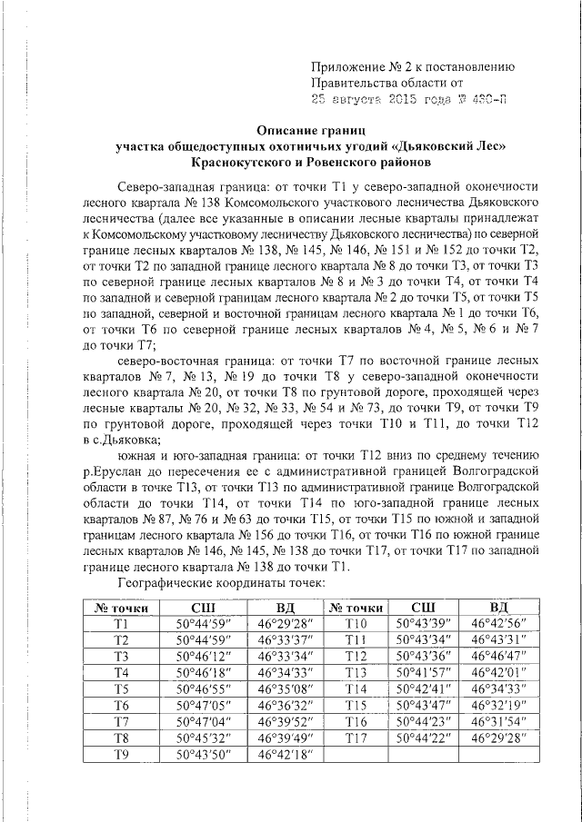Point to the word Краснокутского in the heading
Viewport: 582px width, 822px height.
coord(240,163)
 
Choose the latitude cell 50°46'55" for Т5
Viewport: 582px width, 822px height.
coord(204,688)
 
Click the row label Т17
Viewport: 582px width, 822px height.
coord(356,738)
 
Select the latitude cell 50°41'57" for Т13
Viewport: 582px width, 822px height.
coord(424,672)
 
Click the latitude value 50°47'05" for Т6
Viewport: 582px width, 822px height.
coord(204,705)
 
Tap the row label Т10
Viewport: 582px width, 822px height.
coord(356,624)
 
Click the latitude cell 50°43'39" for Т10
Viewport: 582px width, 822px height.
coord(424,624)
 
